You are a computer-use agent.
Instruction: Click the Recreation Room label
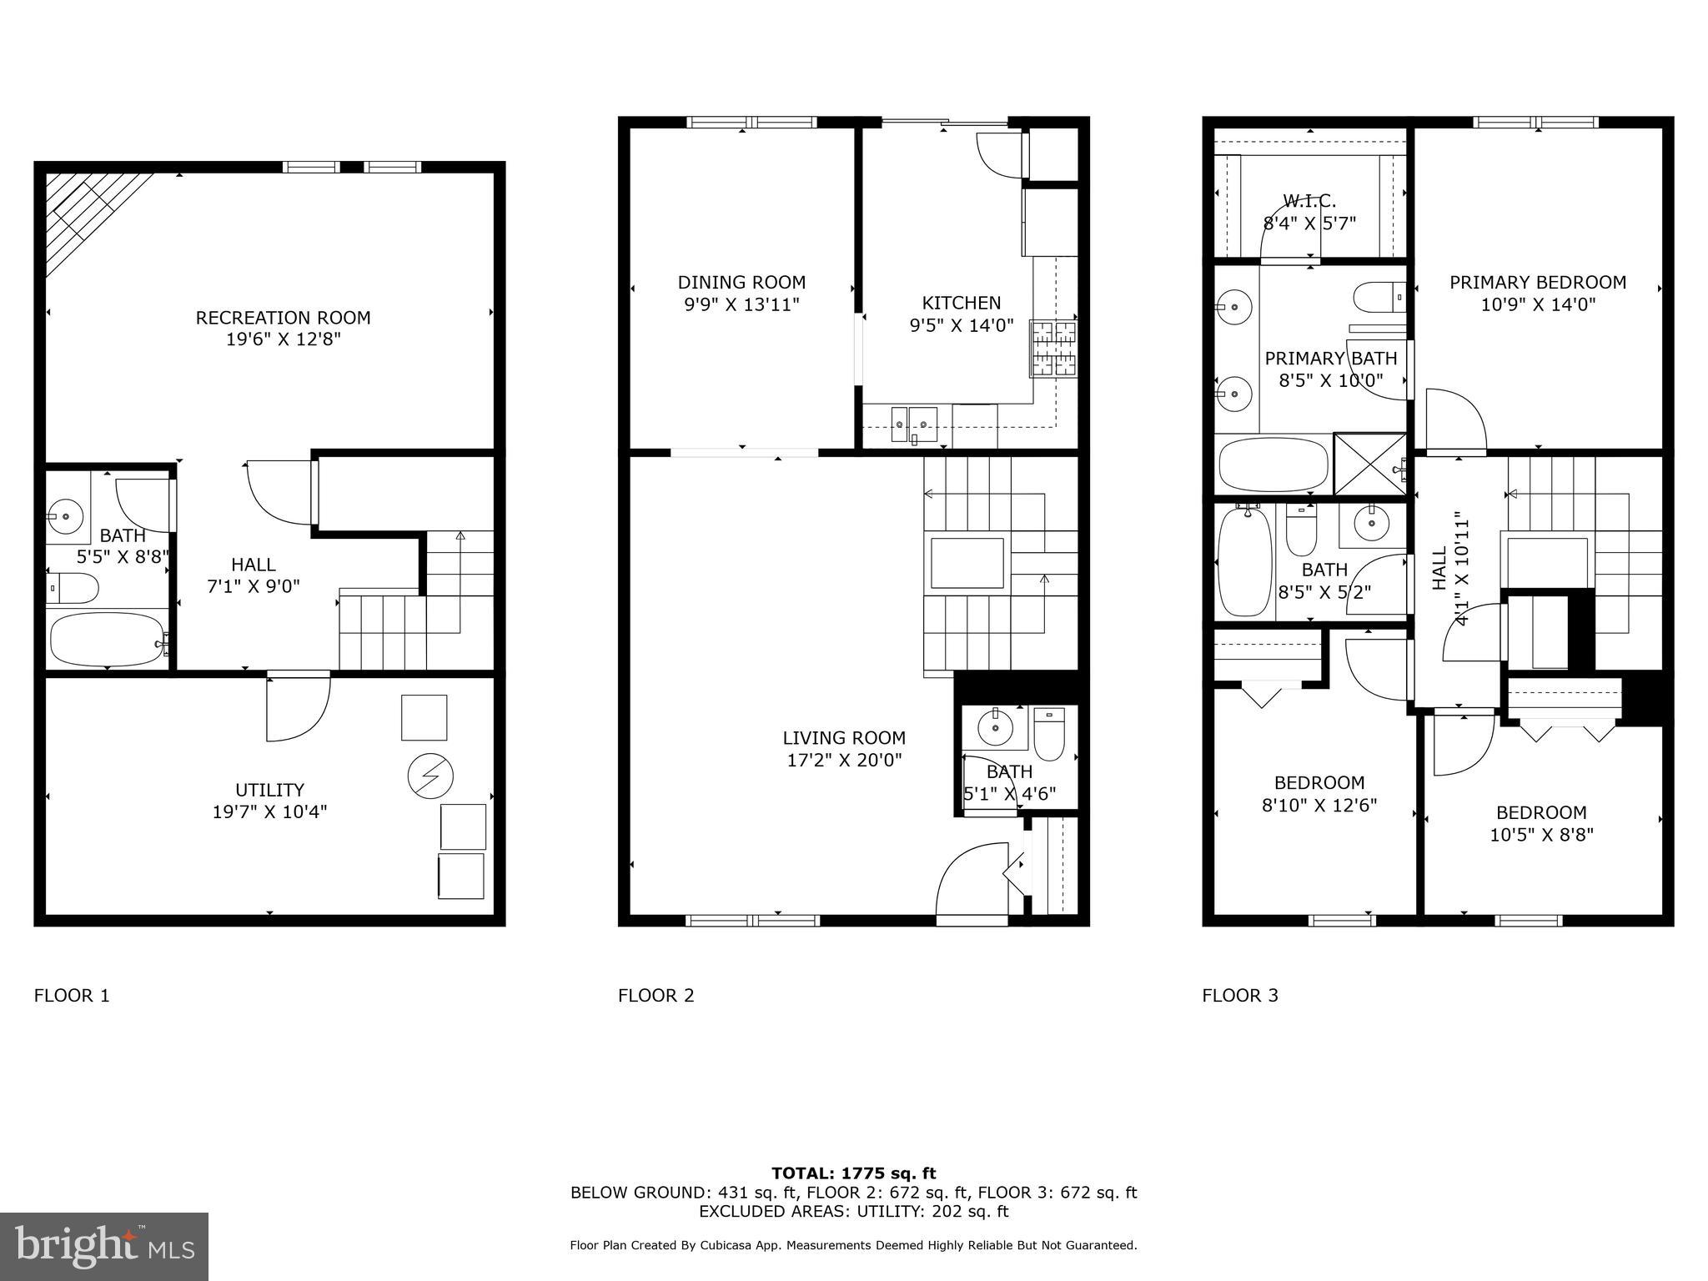coord(283,318)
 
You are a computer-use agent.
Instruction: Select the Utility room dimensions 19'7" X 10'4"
coord(269,811)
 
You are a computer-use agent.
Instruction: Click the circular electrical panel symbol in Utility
coord(430,776)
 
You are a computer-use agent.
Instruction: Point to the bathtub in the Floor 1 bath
coord(107,639)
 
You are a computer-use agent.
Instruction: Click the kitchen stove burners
coord(1054,349)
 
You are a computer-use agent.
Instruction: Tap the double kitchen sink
coord(914,423)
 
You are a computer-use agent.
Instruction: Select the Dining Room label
coord(741,283)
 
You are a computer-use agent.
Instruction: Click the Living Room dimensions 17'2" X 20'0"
coord(844,760)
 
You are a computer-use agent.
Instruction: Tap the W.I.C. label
coord(1309,201)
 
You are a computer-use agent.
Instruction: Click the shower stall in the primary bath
coord(1369,463)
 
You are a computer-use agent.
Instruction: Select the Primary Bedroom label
coord(1537,283)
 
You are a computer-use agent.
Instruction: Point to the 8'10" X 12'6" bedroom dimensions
coord(1319,805)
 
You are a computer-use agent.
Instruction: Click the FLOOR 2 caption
coord(656,995)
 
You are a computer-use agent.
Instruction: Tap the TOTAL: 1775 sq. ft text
coord(853,1173)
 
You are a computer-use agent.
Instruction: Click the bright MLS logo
coord(104,1246)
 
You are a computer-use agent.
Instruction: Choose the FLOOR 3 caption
coord(1239,995)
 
